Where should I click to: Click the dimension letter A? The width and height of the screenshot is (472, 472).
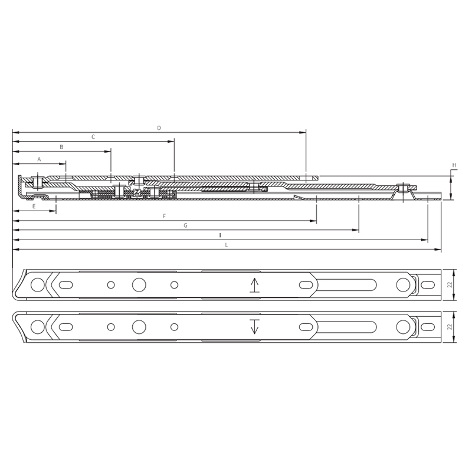pyautogui.click(x=40, y=159)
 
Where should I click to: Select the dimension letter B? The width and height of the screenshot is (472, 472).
pyautogui.click(x=61, y=146)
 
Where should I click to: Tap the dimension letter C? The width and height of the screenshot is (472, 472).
pyautogui.click(x=93, y=137)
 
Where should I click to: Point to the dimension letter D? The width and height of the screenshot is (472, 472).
pyautogui.click(x=159, y=128)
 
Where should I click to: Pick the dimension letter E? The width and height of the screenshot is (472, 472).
pyautogui.click(x=34, y=206)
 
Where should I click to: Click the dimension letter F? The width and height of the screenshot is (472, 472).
pyautogui.click(x=164, y=217)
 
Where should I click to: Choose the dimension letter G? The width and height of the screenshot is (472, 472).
pyautogui.click(x=185, y=225)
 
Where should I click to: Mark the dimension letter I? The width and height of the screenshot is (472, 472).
pyautogui.click(x=219, y=235)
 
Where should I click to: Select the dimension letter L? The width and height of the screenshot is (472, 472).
pyautogui.click(x=226, y=245)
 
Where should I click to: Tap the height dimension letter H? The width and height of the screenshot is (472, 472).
pyautogui.click(x=454, y=165)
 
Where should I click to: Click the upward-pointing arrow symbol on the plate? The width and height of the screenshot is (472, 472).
pyautogui.click(x=254, y=285)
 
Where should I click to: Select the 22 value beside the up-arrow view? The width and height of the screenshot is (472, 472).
pyautogui.click(x=450, y=285)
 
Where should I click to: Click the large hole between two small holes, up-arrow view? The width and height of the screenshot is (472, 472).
pyautogui.click(x=139, y=285)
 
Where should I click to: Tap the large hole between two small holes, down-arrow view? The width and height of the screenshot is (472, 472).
pyautogui.click(x=139, y=326)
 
